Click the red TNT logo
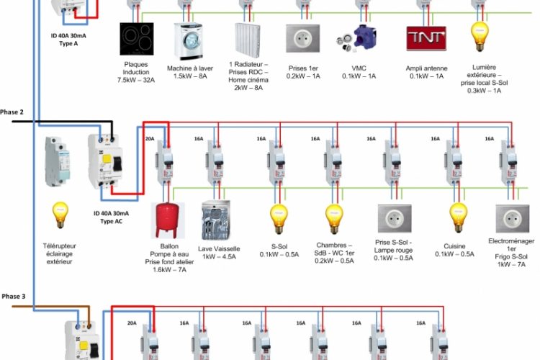tap(426, 38)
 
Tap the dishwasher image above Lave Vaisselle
tap(219, 220)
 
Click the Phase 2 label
tap(12, 112)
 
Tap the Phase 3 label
tap(13, 297)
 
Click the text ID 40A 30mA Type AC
tap(111, 217)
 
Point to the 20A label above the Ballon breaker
tap(150, 139)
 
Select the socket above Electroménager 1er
tap(513, 220)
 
